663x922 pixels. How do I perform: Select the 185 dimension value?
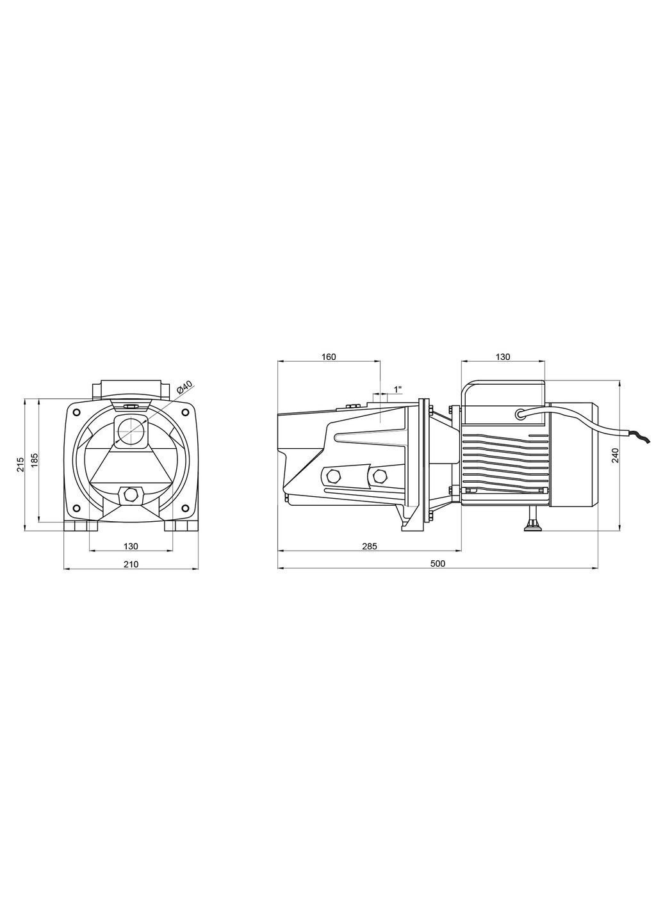[35, 461]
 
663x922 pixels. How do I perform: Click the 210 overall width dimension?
[131, 564]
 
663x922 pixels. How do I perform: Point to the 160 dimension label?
[328, 357]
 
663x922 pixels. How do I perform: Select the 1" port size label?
[398, 389]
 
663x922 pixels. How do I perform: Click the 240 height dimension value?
[616, 455]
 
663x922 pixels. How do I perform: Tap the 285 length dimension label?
[370, 546]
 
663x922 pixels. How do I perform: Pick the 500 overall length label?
[438, 564]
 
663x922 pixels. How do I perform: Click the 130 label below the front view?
[131, 546]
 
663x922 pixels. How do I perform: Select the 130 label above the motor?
[503, 357]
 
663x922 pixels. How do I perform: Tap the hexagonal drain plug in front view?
[131, 494]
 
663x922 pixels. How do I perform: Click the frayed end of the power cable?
[643, 438]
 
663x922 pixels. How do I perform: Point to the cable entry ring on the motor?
[521, 413]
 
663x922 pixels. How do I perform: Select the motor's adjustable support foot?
[532, 522]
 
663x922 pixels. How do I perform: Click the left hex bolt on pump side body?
[332, 476]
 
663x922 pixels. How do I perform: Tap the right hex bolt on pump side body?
[380, 476]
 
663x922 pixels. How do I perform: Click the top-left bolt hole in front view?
[77, 412]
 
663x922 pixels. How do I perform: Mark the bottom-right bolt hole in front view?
[186, 508]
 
